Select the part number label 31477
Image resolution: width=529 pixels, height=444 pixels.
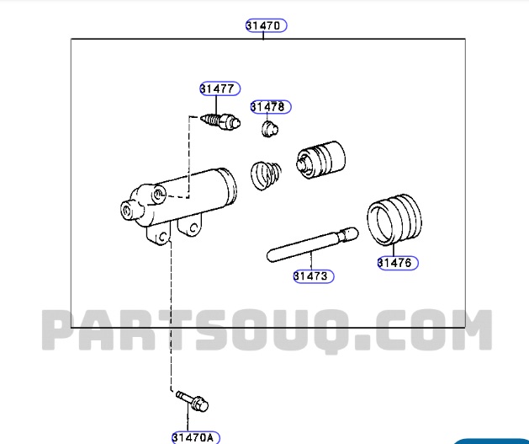click(x=220, y=88)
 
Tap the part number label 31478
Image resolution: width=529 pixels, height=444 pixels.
click(x=268, y=107)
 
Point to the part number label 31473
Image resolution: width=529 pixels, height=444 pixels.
click(x=313, y=275)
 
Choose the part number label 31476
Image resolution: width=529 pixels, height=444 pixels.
click(x=396, y=263)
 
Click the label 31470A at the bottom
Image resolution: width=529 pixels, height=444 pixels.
click(x=195, y=437)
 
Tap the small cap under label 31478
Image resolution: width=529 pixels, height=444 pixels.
click(x=270, y=129)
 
